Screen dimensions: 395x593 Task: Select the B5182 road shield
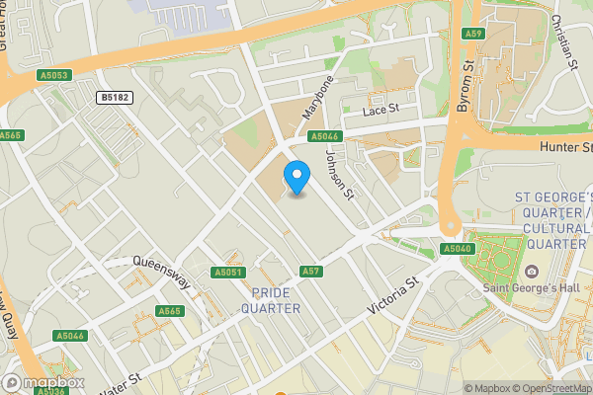(x=117, y=97)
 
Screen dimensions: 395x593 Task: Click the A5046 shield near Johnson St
(x=324, y=136)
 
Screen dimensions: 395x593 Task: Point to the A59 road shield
(x=472, y=34)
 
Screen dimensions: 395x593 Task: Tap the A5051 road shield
(x=227, y=272)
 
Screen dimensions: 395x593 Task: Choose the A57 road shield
(x=310, y=271)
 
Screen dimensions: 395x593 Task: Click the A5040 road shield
(x=458, y=249)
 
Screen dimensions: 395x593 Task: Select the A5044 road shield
(x=70, y=336)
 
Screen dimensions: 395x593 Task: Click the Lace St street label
(x=380, y=110)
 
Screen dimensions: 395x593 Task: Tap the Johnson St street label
(x=339, y=172)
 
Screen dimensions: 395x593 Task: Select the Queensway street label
(x=160, y=264)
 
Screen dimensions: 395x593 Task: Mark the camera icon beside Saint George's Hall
(x=532, y=272)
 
